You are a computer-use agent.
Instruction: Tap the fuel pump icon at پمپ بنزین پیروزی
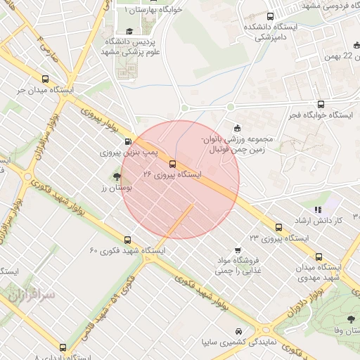(127, 141)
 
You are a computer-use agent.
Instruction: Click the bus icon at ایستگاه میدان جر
(46, 80)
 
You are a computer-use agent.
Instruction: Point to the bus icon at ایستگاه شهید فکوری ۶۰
(127, 240)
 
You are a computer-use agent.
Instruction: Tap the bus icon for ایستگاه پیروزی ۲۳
(279, 228)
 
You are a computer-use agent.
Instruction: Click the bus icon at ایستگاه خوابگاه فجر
(321, 103)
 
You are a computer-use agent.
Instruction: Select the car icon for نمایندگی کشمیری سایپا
(239, 331)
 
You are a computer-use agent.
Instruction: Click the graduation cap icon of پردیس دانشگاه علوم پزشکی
(129, 32)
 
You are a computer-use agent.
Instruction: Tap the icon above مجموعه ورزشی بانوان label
(236, 127)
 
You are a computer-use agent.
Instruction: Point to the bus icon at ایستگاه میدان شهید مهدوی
(321, 257)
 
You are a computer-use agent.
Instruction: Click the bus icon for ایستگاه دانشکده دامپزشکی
(271, 16)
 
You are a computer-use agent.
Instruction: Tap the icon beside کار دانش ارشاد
(318, 209)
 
